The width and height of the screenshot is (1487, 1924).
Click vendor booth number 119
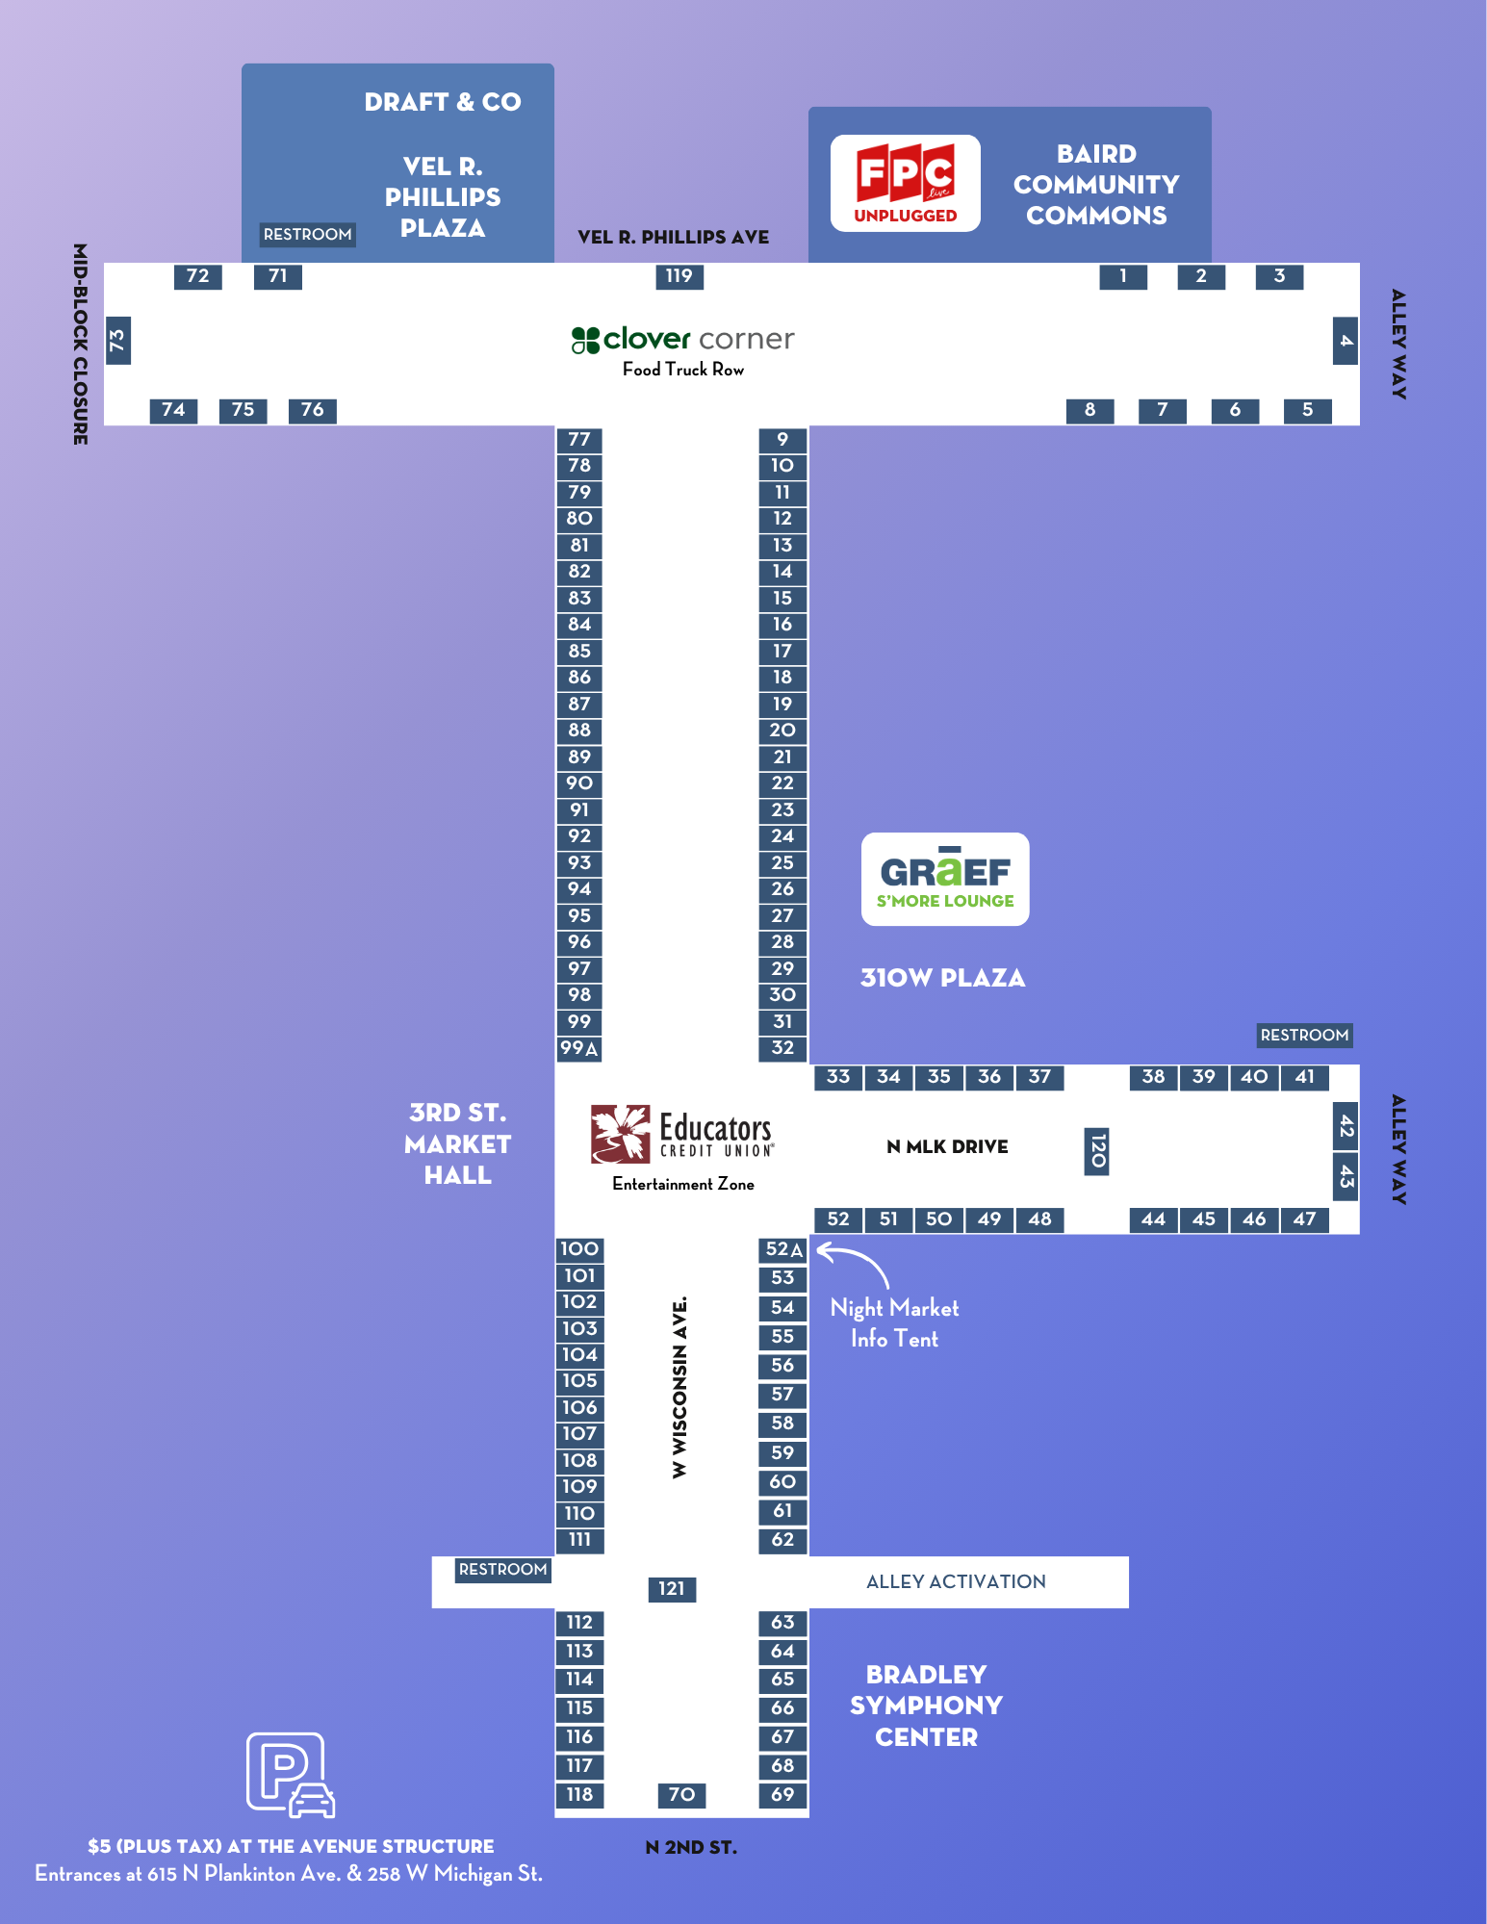pyautogui.click(x=679, y=276)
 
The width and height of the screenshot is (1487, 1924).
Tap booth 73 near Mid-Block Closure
pyautogui.click(x=117, y=341)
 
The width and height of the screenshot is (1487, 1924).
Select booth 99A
pyautogui.click(x=579, y=1048)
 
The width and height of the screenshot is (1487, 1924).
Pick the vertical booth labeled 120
pyautogui.click(x=1097, y=1151)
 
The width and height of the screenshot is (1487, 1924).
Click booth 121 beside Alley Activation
pyautogui.click(x=672, y=1588)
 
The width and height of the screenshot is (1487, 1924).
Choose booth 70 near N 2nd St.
pyautogui.click(x=681, y=1794)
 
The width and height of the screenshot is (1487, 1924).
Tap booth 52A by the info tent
pyautogui.click(x=783, y=1249)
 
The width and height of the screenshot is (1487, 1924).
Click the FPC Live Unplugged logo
pyautogui.click(x=906, y=183)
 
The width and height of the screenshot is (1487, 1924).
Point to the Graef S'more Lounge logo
pyautogui.click(x=945, y=879)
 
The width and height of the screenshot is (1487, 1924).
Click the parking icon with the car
pyautogui.click(x=291, y=1775)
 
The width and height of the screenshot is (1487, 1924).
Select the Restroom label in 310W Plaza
pyautogui.click(x=1304, y=1035)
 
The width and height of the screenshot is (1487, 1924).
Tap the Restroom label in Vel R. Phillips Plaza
pyautogui.click(x=308, y=234)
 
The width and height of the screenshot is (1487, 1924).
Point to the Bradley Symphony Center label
pyautogui.click(x=926, y=1706)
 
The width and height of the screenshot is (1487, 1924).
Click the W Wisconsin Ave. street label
pyautogui.click(x=680, y=1387)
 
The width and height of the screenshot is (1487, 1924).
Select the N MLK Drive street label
pyautogui.click(x=947, y=1146)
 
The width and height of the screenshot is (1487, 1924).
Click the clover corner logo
pyautogui.click(x=683, y=339)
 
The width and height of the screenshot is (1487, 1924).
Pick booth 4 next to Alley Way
pyautogui.click(x=1346, y=341)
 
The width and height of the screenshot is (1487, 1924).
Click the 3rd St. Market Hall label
pyautogui.click(x=458, y=1143)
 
